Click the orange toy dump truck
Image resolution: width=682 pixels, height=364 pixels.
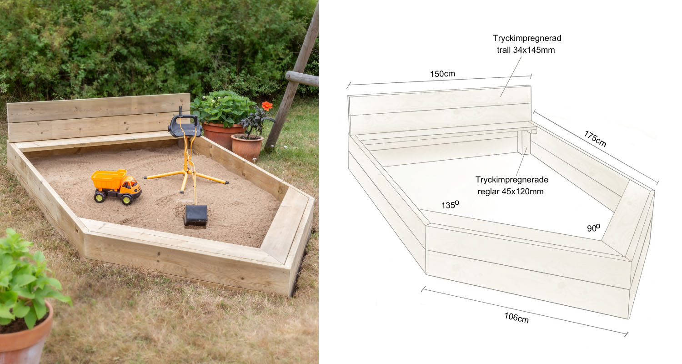click(x=116, y=186)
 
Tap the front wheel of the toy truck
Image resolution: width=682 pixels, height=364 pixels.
click(x=127, y=199)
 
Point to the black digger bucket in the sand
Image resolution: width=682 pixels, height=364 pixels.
click(x=196, y=216)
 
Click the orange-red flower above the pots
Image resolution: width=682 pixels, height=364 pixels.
click(x=267, y=106)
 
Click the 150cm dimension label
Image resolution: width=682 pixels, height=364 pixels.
click(x=442, y=74)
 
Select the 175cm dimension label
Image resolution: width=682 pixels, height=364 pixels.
click(x=595, y=139)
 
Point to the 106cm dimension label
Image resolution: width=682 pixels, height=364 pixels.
click(x=517, y=318)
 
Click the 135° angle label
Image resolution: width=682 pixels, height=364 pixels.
click(x=450, y=205)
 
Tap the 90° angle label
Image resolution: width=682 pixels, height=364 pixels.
click(x=593, y=228)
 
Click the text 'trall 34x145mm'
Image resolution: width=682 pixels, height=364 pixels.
click(x=526, y=50)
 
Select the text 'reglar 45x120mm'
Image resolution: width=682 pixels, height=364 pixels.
click(x=511, y=192)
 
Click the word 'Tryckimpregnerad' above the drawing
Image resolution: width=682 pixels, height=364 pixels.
click(x=527, y=38)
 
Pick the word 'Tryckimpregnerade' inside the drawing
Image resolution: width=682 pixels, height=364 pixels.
click(x=512, y=180)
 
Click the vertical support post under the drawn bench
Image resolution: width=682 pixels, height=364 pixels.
click(x=524, y=142)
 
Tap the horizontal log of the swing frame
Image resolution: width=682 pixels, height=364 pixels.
click(x=302, y=78)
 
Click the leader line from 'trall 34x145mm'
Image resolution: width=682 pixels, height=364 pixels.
click(x=511, y=77)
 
